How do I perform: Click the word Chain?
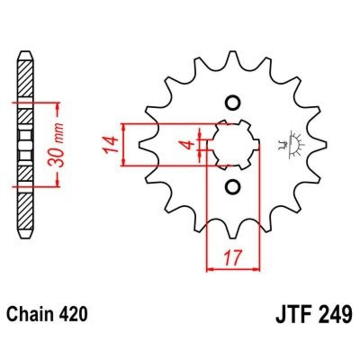pos(28,314)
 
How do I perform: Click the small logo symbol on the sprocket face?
pos(292,144)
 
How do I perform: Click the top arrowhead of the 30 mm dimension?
pos(57,106)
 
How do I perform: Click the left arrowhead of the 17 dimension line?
pos(209,270)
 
